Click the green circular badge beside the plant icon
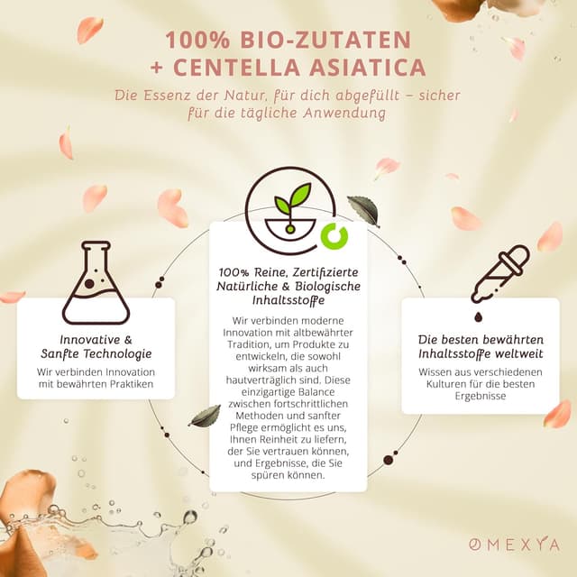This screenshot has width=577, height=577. tap(334, 236)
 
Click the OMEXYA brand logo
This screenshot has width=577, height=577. tap(514, 545)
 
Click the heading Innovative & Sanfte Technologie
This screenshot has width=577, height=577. tap(96, 346)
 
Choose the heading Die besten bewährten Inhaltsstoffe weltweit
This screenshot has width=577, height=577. tap(487, 346)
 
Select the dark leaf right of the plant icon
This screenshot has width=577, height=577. tap(363, 210)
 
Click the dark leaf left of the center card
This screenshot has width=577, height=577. tap(206, 416)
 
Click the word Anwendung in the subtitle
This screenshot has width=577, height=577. tap(335, 114)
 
